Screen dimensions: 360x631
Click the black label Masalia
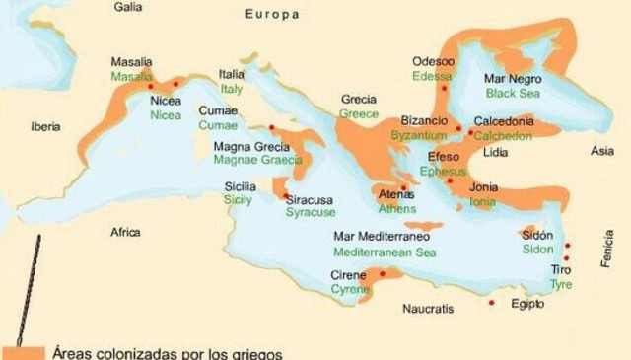131,61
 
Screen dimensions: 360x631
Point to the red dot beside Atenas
403,186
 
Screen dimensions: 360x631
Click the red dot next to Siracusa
286,195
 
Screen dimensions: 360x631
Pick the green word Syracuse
311,212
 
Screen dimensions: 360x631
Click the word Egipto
528,304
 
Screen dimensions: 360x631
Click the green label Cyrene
350,290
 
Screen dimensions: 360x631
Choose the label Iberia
45,127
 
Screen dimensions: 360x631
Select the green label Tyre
561,284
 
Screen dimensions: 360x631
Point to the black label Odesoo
434,61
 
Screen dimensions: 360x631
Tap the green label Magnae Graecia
252,161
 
